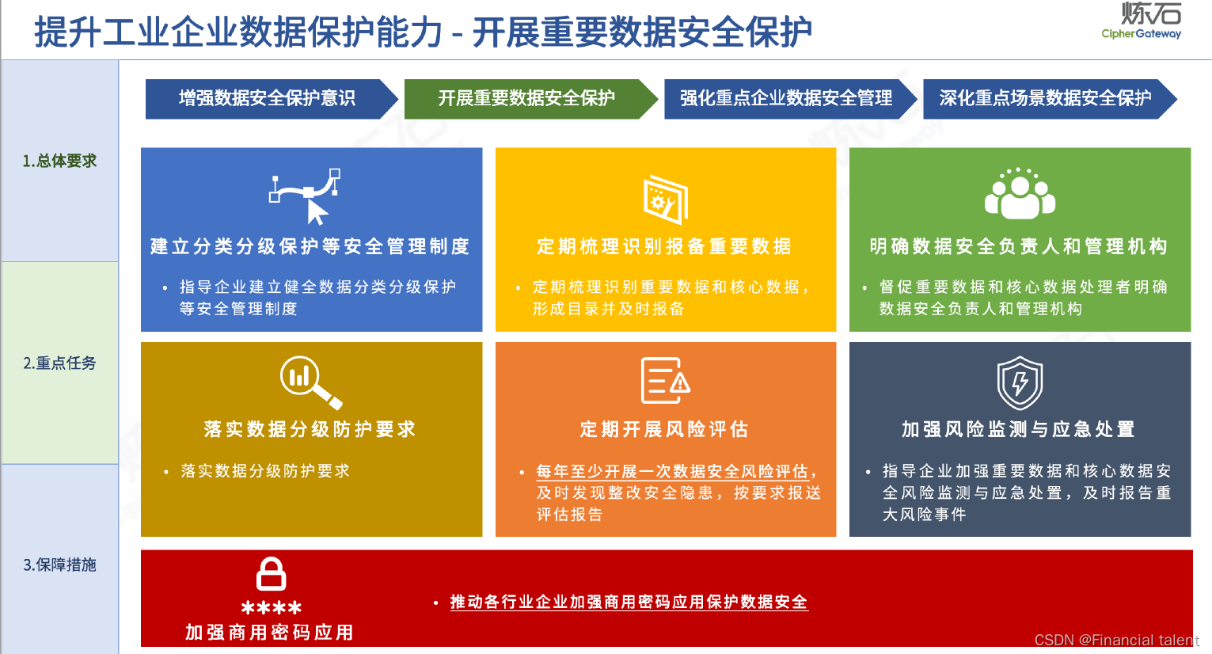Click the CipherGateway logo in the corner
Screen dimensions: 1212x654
pyautogui.click(x=1142, y=21)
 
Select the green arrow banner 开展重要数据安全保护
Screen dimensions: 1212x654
pyautogui.click(x=527, y=98)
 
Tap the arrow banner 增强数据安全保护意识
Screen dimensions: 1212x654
pyautogui.click(x=268, y=98)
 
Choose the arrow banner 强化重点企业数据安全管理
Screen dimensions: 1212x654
pyautogui.click(x=786, y=98)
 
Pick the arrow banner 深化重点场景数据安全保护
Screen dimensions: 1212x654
pyautogui.click(x=1045, y=98)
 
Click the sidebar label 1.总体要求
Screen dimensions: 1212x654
pyautogui.click(x=59, y=161)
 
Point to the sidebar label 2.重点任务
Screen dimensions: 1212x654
pyautogui.click(x=59, y=363)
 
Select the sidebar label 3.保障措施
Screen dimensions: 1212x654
pyautogui.click(x=59, y=565)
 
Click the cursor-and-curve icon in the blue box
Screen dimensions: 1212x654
pyautogui.click(x=306, y=196)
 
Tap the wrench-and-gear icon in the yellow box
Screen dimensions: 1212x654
pyautogui.click(x=665, y=199)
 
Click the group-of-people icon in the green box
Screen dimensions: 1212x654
pyautogui.click(x=1020, y=195)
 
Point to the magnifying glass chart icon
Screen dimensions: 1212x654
pyautogui.click(x=310, y=382)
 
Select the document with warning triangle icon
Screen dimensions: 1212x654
pyautogui.click(x=665, y=381)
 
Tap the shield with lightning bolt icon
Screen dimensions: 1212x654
pyautogui.click(x=1020, y=382)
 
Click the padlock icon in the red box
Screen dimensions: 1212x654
pyautogui.click(x=271, y=574)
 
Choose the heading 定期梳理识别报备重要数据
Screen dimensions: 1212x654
pyautogui.click(x=664, y=246)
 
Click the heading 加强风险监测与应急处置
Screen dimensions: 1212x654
pyautogui.click(x=1019, y=429)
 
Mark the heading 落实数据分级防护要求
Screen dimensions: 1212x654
pyautogui.click(x=310, y=429)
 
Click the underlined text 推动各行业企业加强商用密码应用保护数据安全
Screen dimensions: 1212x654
pyautogui.click(x=629, y=602)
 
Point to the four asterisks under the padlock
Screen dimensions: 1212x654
pyautogui.click(x=271, y=608)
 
